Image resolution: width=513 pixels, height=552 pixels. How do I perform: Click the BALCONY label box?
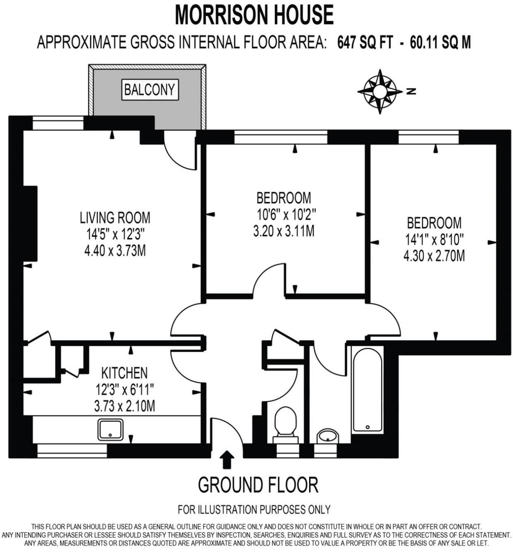point(150,90)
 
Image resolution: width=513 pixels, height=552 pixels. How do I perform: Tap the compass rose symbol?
point(379,91)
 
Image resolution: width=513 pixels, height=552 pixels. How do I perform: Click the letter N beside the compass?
point(411,92)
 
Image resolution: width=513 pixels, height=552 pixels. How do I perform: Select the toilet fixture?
point(285,424)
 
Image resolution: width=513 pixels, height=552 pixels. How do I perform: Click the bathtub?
point(367,389)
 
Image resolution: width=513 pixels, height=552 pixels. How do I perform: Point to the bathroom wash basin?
point(328,436)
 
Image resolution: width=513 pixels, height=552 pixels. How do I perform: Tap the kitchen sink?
point(110,430)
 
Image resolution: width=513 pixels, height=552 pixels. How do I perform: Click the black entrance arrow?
point(226,459)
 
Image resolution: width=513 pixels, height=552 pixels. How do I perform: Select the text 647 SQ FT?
point(364,43)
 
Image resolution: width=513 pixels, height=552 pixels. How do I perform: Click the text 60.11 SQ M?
point(440,43)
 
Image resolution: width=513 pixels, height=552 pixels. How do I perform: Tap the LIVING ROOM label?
point(115,217)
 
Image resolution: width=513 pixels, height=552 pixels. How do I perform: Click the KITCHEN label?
point(124,373)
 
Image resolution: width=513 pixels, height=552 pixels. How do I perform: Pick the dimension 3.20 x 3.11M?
point(283,231)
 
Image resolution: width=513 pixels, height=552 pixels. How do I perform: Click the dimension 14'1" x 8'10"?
point(434,239)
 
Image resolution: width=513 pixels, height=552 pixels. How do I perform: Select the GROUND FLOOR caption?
point(258,485)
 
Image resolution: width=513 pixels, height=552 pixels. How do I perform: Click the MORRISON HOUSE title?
point(254,15)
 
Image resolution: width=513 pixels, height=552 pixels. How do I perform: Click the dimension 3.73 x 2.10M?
point(124,406)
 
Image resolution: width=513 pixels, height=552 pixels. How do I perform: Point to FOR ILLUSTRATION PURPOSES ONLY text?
point(254,509)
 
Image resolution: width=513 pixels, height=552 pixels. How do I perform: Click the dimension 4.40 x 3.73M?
point(115,250)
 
